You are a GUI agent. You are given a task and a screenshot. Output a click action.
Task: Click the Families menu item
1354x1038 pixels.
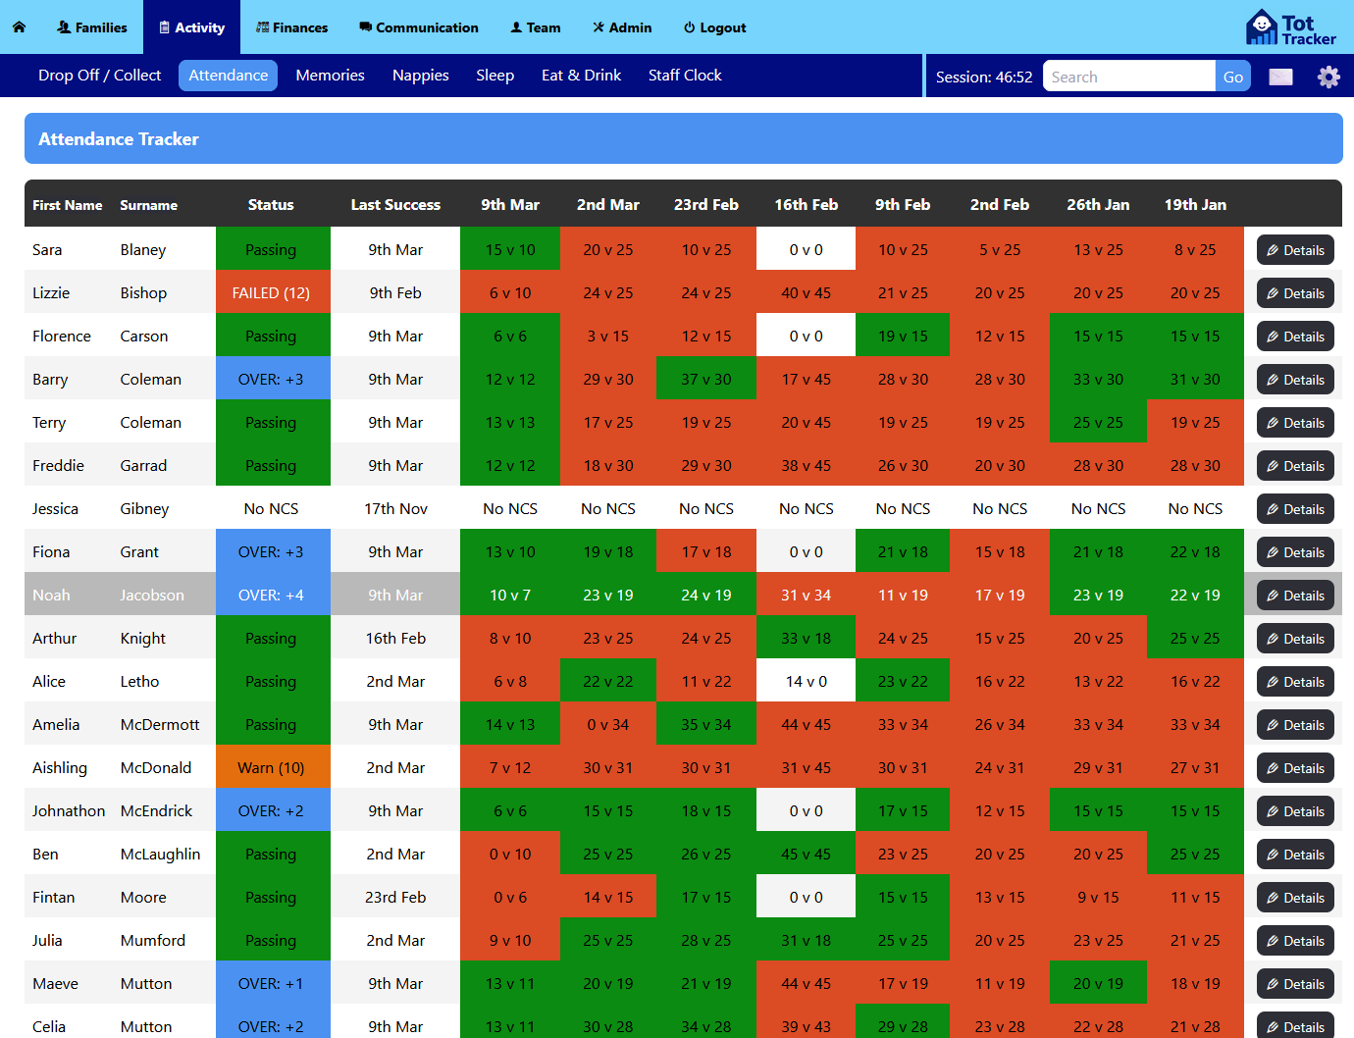92,27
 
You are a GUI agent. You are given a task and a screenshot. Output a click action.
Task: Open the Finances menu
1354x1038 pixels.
291,27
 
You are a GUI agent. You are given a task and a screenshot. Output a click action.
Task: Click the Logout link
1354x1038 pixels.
714,27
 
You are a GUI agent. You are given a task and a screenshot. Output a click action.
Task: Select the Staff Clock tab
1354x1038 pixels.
685,76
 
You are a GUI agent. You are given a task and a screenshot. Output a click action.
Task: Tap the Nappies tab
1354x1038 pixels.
420,76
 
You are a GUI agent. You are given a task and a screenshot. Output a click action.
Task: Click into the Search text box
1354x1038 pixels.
1128,77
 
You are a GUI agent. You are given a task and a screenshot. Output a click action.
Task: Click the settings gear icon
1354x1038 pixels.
1328,77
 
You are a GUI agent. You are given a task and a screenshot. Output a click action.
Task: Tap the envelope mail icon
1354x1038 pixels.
1280,77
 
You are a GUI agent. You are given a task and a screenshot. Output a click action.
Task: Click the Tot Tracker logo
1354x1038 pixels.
1290,27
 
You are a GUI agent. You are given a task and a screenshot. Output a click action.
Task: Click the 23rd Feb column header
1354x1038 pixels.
705,205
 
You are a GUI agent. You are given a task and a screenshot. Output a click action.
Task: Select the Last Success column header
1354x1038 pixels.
395,205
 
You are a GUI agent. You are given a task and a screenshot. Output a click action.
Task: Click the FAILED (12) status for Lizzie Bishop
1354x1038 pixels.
271,293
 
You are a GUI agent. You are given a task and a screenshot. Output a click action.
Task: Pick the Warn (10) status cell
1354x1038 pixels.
271,768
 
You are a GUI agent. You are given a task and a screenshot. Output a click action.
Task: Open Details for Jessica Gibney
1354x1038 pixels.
1295,509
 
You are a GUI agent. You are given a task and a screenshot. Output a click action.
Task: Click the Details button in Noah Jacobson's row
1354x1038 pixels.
1295,596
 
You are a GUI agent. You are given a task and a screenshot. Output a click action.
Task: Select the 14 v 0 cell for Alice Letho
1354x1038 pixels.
806,682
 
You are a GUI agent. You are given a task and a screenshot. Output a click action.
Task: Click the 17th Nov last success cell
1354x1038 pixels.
395,509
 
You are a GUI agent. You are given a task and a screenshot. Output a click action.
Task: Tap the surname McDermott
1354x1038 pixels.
160,725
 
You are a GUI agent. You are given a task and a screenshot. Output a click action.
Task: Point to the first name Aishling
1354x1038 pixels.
60,768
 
